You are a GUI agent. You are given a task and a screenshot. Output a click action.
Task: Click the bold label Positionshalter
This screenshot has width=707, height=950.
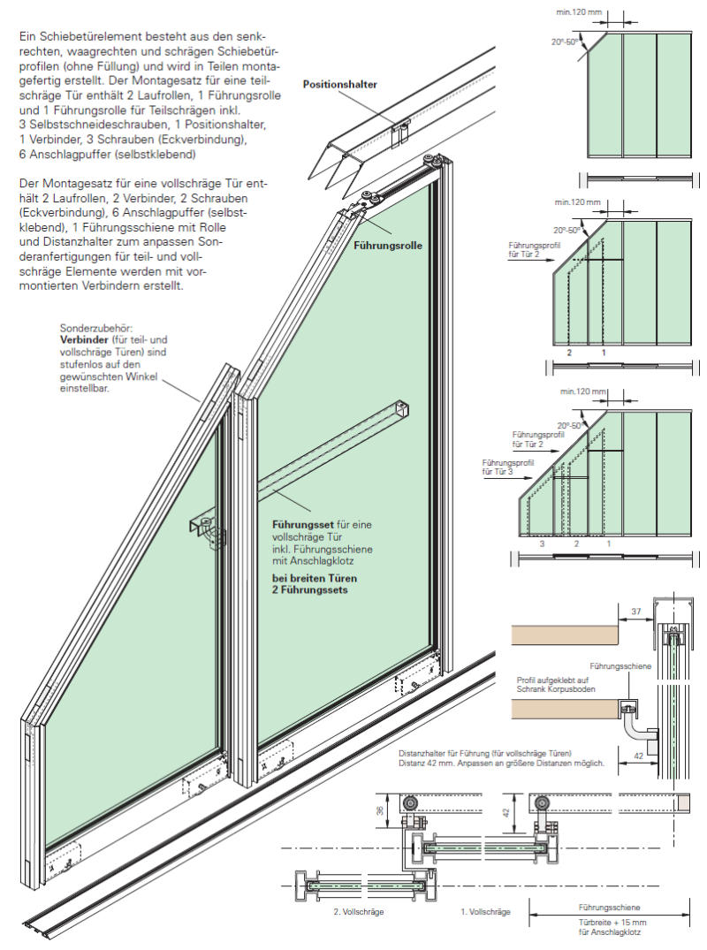pyautogui.click(x=340, y=85)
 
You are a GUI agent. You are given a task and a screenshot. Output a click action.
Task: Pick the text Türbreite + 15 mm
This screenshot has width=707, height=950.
pyautogui.click(x=609, y=921)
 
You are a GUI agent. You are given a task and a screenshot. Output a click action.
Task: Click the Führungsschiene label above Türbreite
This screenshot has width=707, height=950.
pyautogui.click(x=609, y=908)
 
